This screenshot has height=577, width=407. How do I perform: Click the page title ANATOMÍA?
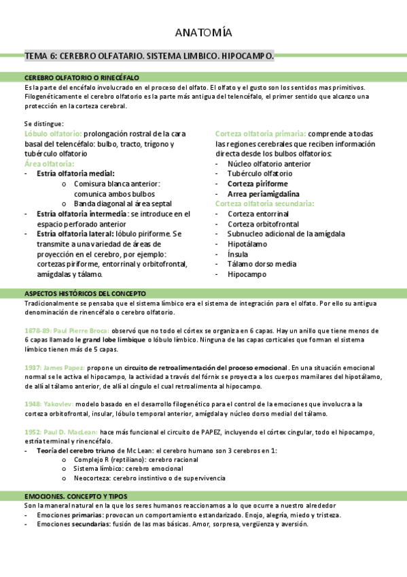tap(203, 33)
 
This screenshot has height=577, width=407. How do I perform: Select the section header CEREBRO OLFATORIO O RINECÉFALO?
tap(82, 78)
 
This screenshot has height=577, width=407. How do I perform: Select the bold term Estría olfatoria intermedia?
tap(82, 214)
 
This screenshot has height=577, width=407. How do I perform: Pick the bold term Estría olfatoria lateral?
tap(75, 233)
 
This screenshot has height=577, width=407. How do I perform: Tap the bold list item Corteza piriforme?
tap(258, 184)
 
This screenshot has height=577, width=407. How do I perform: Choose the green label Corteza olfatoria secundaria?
tap(264, 203)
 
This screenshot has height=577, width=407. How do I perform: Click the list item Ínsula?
tap(238, 254)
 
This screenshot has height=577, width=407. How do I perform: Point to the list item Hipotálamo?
tap(247, 244)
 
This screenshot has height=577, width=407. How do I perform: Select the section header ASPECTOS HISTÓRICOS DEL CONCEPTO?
tap(85, 293)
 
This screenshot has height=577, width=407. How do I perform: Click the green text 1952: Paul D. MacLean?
tap(61, 431)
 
